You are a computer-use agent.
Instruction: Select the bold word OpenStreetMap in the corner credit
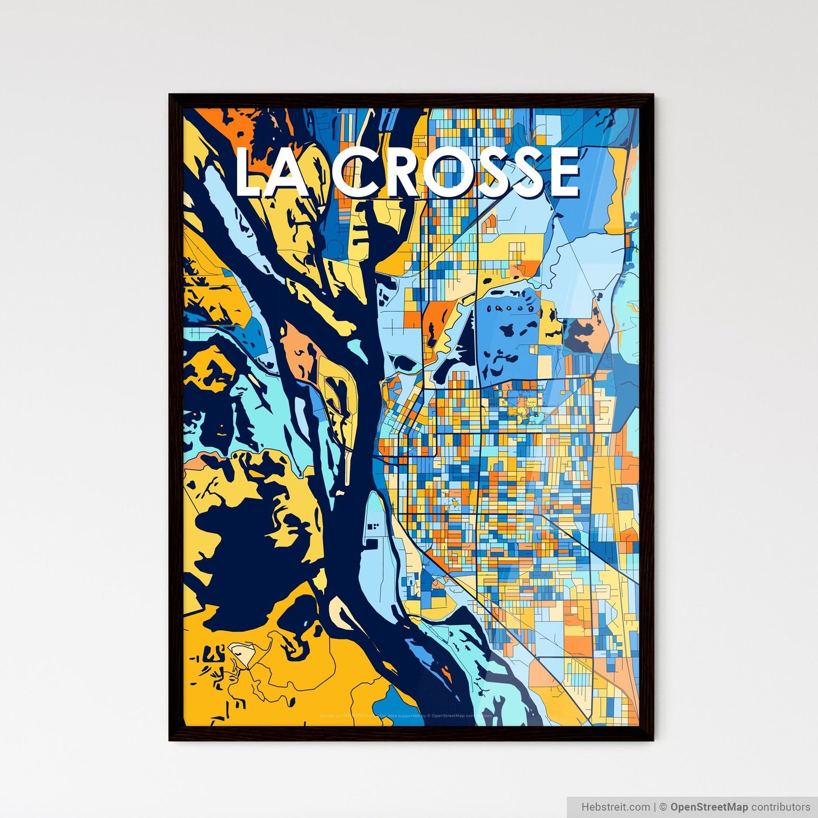pos(709,806)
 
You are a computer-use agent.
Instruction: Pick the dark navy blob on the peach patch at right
pos(581,328)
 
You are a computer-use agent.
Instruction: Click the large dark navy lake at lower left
pos(249,543)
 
